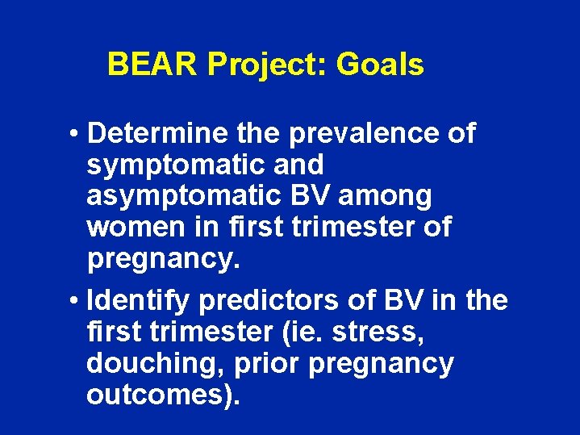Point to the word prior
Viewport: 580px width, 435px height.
click(x=267, y=364)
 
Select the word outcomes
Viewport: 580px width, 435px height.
click(x=153, y=395)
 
